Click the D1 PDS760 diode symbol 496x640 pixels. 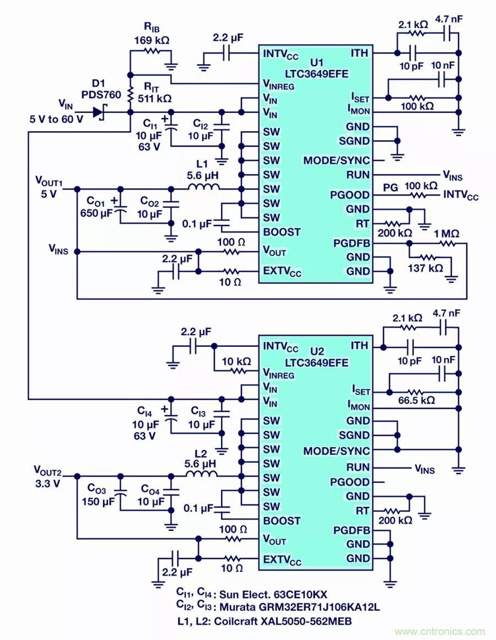pos(99,112)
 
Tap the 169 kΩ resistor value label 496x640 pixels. pos(151,40)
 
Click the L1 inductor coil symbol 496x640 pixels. pos(203,189)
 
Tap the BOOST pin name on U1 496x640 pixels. pos(282,232)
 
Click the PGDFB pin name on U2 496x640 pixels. pos(352,530)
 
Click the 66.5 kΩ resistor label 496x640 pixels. pos(416,400)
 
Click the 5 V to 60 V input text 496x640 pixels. pos(57,119)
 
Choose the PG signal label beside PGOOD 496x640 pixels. pos(391,187)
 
